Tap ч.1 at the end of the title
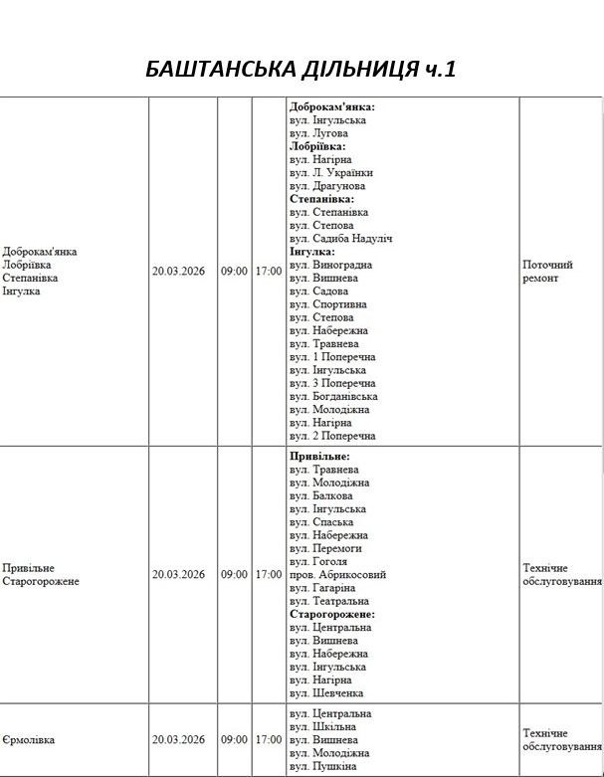coord(438,69)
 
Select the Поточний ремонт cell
coord(547,272)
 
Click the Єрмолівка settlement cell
coord(30,740)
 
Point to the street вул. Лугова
coord(319,133)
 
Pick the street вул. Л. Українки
coord(331,173)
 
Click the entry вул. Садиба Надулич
coord(341,239)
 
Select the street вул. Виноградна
coord(330,266)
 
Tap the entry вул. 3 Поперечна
coord(332,383)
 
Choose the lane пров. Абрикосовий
coord(338,575)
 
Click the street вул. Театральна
coord(329,601)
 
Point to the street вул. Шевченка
coord(326,693)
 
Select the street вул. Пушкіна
coord(322,767)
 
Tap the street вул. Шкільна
coord(323,727)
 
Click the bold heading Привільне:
coord(319,457)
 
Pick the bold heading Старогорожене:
coord(332,615)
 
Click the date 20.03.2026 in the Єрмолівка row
coord(178,740)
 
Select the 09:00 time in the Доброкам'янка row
coord(234,271)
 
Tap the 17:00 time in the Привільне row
coord(269,575)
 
